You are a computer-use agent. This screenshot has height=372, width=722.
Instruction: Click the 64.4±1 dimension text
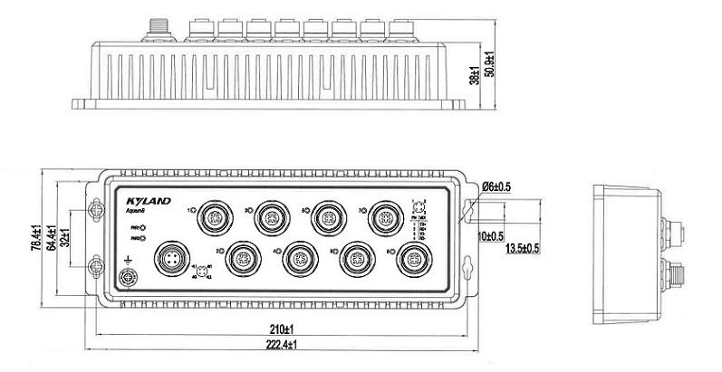(x=52, y=237)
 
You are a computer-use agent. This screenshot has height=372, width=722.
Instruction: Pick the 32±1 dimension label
(x=67, y=237)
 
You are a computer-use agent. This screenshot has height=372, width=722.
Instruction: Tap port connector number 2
(x=240, y=257)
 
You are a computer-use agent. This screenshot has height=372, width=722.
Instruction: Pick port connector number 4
(x=297, y=259)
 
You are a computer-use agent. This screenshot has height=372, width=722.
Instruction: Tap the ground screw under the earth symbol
(x=128, y=276)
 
